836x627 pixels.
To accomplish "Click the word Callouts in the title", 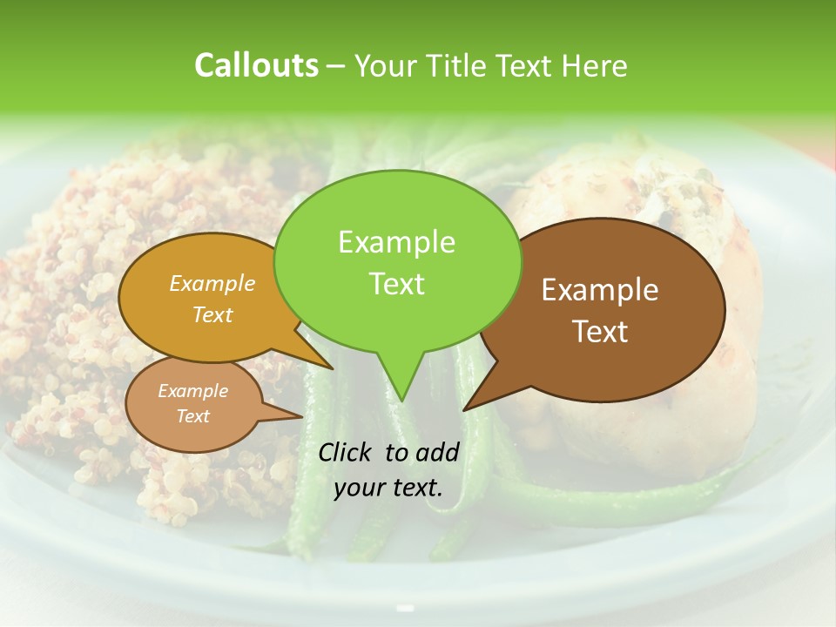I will [x=256, y=65].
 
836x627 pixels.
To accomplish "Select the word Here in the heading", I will [x=593, y=65].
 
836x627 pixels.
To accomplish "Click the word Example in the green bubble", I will [x=396, y=242].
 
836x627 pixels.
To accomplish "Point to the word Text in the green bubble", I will [x=396, y=283].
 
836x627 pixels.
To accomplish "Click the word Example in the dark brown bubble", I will [x=600, y=290].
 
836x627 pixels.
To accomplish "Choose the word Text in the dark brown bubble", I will [x=600, y=331].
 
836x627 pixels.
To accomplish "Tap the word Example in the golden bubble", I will [x=212, y=283].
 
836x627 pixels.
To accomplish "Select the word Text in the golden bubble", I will [x=212, y=314].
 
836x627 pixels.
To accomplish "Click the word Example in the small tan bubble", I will [x=192, y=391].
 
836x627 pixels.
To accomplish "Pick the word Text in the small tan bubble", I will [x=192, y=416].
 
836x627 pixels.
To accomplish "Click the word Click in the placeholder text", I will [x=347, y=452].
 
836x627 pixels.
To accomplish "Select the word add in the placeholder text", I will [x=437, y=452].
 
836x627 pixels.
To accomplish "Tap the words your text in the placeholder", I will [x=388, y=488].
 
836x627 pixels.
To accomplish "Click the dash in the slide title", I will [x=337, y=66].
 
